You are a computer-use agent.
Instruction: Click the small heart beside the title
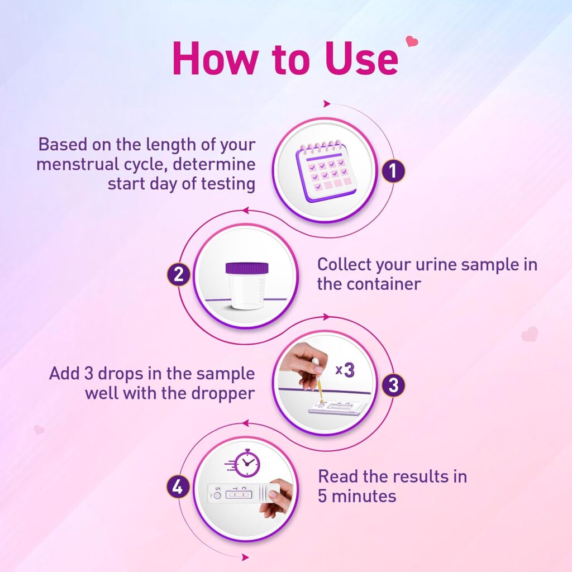coord(412,41)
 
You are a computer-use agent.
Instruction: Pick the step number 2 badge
coord(179,275)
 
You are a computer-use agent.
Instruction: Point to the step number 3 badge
coord(393,385)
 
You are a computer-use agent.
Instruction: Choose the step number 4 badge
coord(177,488)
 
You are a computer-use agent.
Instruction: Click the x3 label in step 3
coord(345,370)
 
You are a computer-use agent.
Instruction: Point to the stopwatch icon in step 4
coord(246,464)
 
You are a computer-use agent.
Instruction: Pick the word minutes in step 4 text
coord(364,495)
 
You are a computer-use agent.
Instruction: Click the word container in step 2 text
coord(384,284)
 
